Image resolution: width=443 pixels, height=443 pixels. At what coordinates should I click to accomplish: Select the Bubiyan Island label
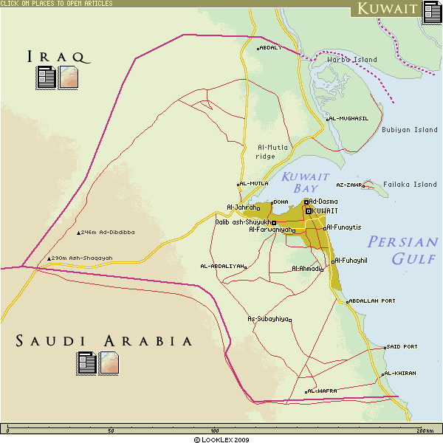tap(409, 130)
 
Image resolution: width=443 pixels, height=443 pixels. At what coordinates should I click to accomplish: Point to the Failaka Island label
tap(414, 185)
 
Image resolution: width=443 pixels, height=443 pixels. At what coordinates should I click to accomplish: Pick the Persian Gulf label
tap(403, 250)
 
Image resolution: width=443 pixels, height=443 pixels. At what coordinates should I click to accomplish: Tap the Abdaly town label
tap(271, 47)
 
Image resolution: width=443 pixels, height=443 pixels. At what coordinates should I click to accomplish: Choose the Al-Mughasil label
tap(348, 118)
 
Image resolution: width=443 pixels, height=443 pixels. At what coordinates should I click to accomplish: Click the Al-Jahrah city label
tap(241, 207)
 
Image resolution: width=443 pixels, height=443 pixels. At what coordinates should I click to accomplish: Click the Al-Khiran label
tap(401, 374)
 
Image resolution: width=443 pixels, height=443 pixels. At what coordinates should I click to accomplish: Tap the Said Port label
tap(402, 346)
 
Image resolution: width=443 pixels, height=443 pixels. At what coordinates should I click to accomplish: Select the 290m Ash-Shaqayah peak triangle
tap(49, 258)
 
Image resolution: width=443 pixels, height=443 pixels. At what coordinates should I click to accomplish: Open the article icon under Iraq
tap(47, 77)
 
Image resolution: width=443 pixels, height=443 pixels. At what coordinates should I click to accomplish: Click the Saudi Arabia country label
tap(104, 341)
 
